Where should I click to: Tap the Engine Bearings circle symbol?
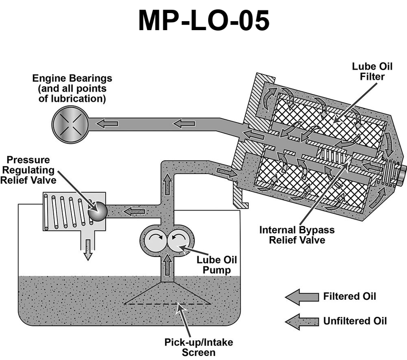point(67,122)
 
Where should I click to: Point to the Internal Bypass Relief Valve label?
point(297,234)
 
